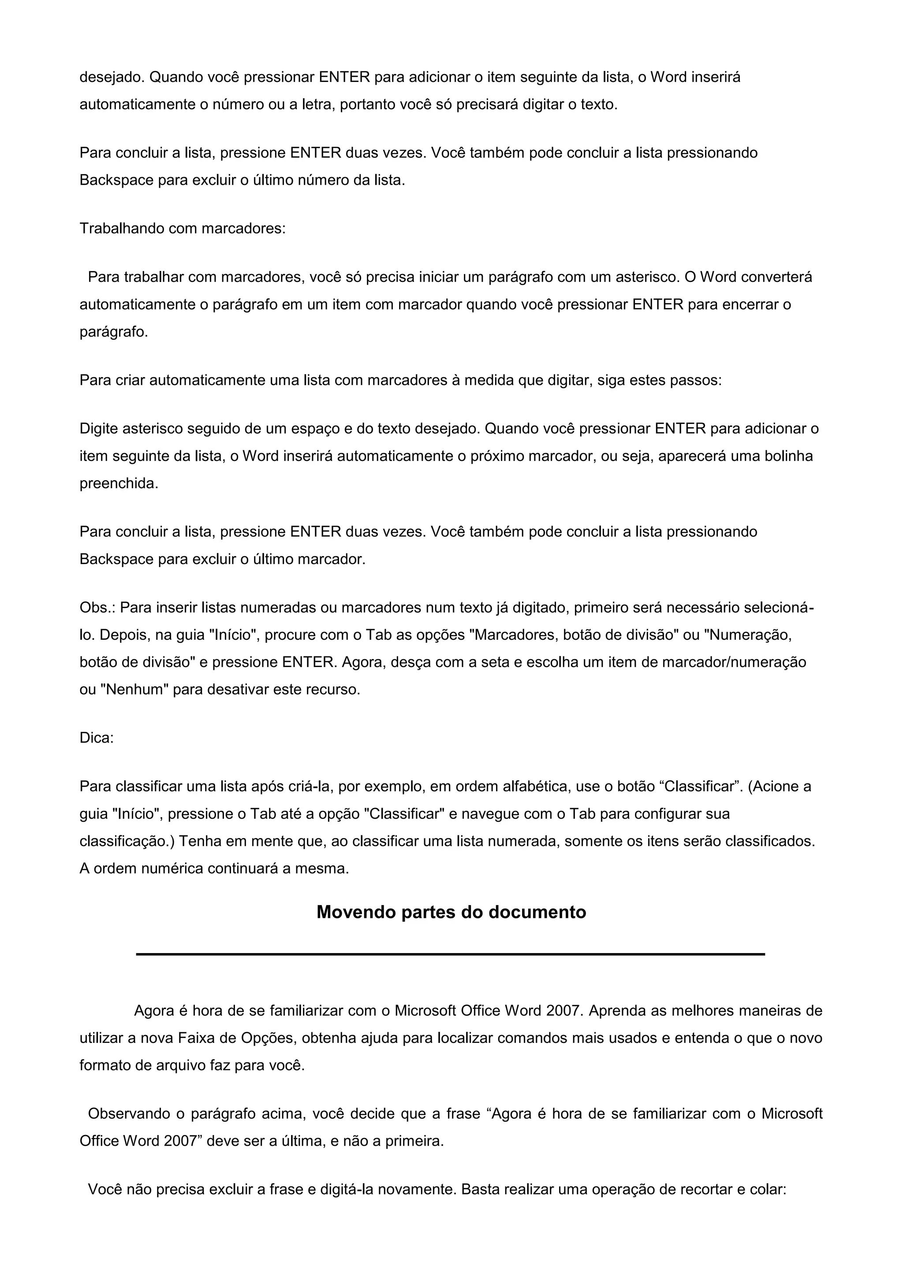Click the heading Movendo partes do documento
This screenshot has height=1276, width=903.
tap(451, 912)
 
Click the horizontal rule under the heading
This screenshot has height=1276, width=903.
tap(450, 954)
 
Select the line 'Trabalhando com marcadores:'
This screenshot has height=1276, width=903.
tap(183, 228)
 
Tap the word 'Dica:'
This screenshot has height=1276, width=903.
tap(97, 738)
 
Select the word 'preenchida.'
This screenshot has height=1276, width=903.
tap(119, 483)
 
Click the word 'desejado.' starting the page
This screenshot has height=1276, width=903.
tap(112, 77)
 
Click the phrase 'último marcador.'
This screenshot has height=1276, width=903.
tap(317, 559)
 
